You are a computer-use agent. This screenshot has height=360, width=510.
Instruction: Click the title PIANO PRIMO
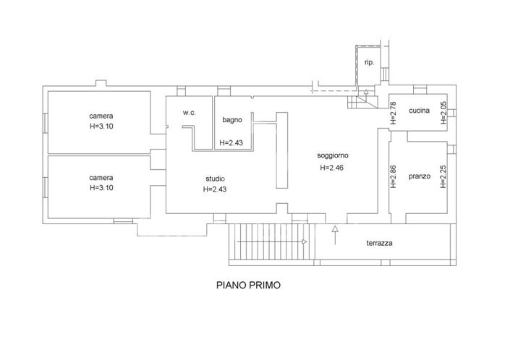249,285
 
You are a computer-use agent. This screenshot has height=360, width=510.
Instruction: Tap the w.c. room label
190,112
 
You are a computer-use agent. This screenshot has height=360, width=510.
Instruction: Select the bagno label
231,119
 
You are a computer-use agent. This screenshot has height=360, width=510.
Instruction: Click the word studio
215,179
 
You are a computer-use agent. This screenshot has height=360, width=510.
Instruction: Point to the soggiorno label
333,155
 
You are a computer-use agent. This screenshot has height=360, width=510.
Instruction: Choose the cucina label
420,111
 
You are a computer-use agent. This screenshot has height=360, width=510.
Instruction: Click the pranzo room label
420,176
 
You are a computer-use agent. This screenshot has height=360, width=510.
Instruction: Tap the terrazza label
379,244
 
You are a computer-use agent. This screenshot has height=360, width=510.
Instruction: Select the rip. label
369,62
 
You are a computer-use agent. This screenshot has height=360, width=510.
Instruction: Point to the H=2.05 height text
443,113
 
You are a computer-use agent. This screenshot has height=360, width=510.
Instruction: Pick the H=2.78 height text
394,113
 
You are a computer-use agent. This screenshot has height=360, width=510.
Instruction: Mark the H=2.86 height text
394,177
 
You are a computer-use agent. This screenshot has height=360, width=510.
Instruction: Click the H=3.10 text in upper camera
102,126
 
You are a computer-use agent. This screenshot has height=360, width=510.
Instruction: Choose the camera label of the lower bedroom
101,177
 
